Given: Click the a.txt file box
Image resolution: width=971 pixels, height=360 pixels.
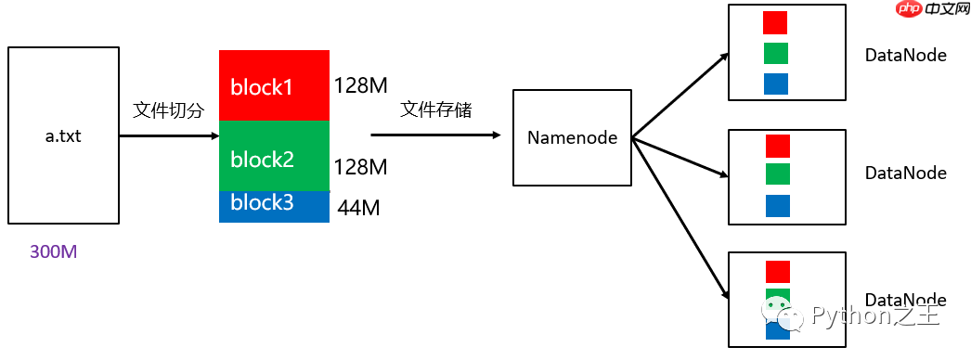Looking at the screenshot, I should click(64, 136).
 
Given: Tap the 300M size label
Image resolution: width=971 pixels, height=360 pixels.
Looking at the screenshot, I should click(53, 252).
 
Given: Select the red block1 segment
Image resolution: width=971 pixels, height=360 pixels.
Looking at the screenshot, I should click(274, 85).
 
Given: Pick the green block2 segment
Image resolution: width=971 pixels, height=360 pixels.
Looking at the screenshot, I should click(274, 156).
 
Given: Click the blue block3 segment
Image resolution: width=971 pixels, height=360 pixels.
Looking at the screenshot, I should click(274, 206).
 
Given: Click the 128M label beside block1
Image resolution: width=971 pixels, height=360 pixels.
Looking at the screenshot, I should click(360, 86).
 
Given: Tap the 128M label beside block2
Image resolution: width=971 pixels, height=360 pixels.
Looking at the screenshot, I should click(360, 167).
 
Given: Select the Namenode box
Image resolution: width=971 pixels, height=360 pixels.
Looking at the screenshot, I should click(572, 137).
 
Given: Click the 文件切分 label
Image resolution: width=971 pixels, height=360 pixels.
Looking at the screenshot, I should click(168, 110).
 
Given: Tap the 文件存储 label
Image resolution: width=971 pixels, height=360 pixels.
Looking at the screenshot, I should click(435, 110).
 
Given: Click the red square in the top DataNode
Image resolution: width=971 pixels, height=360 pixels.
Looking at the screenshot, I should click(775, 22).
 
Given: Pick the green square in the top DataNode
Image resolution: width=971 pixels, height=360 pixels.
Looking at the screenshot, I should click(775, 53).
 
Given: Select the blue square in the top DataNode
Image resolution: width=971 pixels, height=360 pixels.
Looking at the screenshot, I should click(775, 84).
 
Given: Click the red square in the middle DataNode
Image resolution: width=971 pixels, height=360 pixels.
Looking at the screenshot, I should click(778, 146).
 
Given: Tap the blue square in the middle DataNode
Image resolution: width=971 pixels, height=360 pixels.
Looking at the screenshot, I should click(778, 206).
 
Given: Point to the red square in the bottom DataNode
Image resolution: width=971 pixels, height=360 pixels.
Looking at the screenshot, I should click(778, 271).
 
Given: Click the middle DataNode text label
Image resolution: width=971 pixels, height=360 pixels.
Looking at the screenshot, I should click(905, 174).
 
